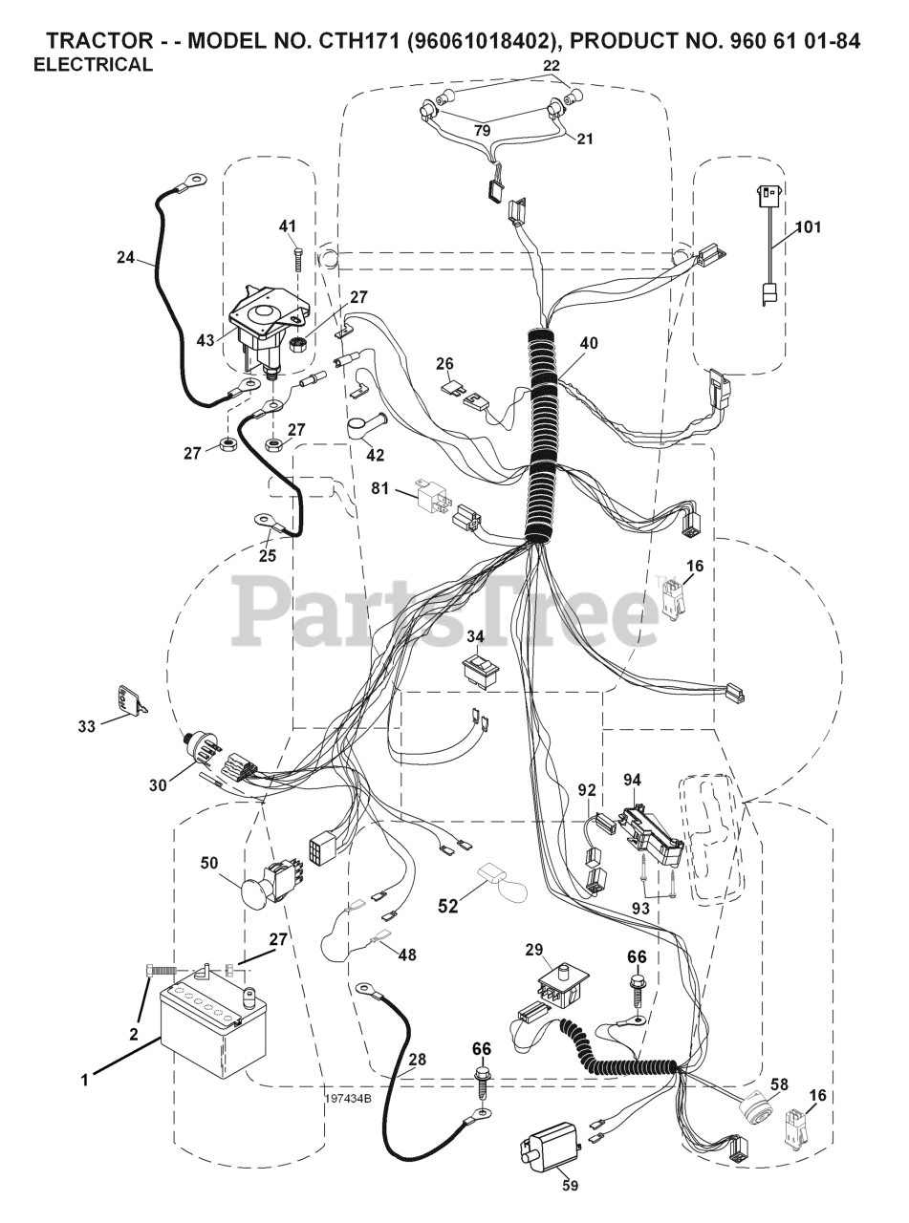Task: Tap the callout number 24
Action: coord(126,256)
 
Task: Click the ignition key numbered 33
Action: coord(131,699)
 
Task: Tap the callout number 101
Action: coord(808,227)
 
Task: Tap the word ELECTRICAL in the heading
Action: coord(93,65)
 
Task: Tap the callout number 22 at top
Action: coord(551,64)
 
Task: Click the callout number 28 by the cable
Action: coord(418,1058)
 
